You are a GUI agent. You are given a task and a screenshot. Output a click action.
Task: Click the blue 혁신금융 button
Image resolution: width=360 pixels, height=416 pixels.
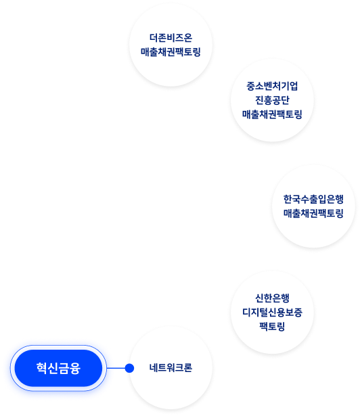click(x=58, y=368)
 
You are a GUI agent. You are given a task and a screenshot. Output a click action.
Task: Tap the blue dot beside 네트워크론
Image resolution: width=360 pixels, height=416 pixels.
click(x=129, y=368)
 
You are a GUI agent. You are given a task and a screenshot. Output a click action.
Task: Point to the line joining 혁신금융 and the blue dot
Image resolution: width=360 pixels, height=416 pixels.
click(x=116, y=368)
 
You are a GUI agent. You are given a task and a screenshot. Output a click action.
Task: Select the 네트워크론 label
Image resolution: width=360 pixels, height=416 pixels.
click(x=171, y=368)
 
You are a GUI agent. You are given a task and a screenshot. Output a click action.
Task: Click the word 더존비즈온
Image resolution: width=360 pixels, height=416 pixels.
click(x=171, y=38)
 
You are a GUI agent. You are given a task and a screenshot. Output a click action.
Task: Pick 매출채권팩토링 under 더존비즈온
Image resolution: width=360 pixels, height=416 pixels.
click(x=171, y=51)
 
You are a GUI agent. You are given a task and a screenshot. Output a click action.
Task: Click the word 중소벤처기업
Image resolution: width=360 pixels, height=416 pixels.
click(x=272, y=86)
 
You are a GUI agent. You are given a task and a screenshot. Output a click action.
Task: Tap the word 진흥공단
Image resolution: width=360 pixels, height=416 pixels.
click(x=272, y=100)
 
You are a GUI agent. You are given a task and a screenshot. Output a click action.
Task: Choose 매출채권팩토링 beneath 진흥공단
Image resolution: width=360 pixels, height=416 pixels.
click(x=272, y=114)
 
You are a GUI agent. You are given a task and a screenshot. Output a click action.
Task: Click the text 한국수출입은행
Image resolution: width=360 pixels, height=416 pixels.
click(x=313, y=200)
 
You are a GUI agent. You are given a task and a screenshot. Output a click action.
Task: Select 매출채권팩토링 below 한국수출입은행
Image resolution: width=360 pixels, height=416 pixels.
click(x=313, y=213)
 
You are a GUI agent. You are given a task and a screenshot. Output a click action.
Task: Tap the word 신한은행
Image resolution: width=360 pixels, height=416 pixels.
click(x=272, y=298)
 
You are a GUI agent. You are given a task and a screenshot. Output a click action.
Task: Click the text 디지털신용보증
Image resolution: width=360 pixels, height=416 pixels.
click(x=272, y=313)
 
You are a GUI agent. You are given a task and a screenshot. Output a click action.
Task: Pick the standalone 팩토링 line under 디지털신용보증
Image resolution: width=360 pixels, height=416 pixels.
click(x=272, y=326)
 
